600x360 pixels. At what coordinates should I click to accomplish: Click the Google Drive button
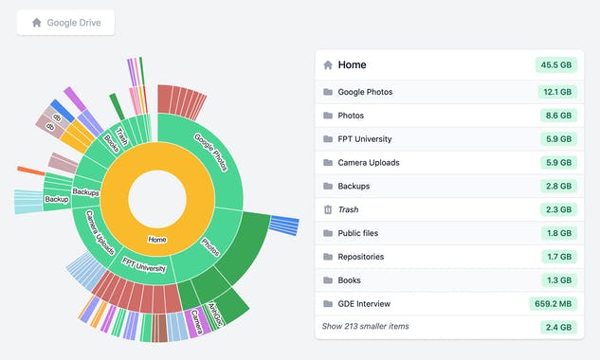(x=65, y=23)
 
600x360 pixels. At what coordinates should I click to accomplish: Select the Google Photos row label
(x=365, y=92)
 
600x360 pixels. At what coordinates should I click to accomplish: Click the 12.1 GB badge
(x=556, y=92)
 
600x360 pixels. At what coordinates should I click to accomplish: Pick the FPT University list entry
(x=364, y=139)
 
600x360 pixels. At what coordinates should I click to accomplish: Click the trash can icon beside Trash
(x=328, y=209)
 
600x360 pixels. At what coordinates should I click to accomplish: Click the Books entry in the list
(x=351, y=280)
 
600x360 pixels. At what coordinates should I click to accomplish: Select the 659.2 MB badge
(x=552, y=304)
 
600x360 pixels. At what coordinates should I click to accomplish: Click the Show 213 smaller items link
(x=365, y=326)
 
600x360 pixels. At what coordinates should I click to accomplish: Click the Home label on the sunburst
(x=157, y=240)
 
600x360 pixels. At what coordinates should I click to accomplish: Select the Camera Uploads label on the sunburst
(x=101, y=232)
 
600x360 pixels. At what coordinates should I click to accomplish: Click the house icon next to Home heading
(x=328, y=65)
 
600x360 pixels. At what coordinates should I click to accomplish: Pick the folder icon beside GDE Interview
(x=328, y=304)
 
